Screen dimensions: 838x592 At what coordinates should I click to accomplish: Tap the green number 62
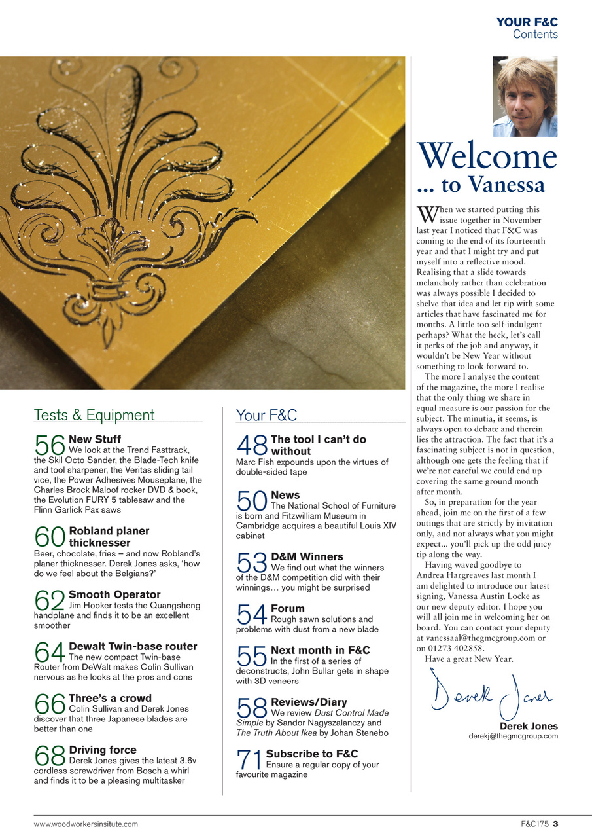tap(49, 600)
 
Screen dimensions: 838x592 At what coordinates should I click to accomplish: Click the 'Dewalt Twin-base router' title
tap(133, 646)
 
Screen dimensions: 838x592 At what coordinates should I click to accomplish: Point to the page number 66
tap(49, 704)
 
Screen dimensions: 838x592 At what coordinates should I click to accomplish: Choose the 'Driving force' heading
tap(103, 750)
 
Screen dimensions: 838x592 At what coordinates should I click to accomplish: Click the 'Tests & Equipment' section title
tap(94, 415)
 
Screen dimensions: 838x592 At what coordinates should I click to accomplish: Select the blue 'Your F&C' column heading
tap(266, 415)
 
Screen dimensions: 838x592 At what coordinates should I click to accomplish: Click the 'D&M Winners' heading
tap(307, 556)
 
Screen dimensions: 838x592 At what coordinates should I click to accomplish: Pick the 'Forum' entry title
tap(287, 608)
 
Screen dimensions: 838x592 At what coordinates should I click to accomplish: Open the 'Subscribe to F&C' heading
tap(312, 754)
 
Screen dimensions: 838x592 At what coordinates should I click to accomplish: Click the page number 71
tap(249, 760)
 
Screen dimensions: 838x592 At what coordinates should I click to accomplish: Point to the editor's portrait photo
tap(525, 96)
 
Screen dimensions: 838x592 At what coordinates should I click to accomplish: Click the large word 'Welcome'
tap(487, 157)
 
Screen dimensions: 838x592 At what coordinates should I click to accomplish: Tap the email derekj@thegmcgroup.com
tap(513, 736)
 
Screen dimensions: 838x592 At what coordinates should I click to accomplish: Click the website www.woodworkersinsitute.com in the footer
tap(86, 824)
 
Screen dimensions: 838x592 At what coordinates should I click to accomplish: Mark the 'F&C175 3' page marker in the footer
tap(534, 824)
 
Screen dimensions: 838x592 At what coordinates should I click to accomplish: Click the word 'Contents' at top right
tap(535, 34)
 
